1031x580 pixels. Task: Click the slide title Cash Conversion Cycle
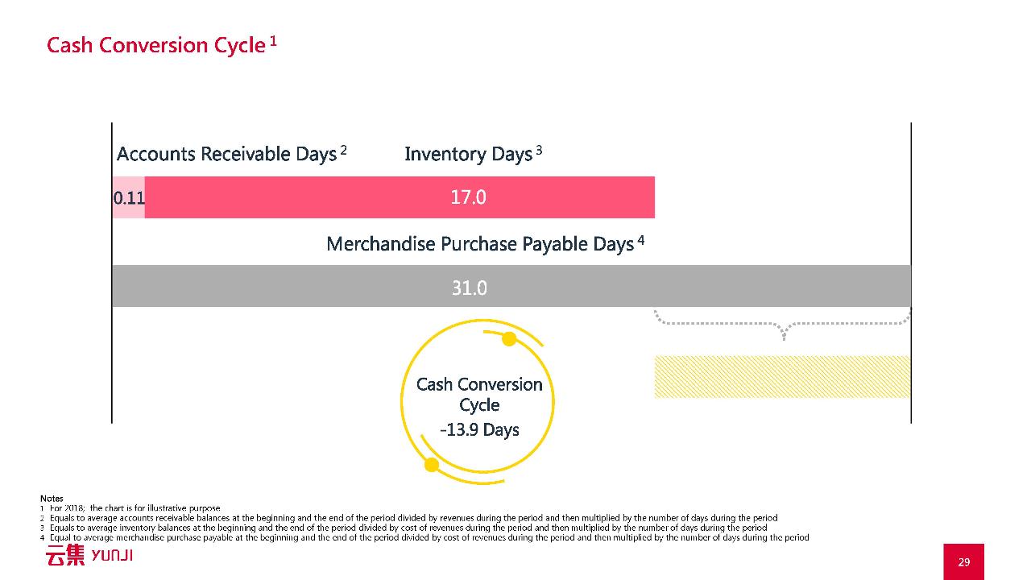point(156,45)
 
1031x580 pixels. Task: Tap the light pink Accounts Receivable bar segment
point(129,197)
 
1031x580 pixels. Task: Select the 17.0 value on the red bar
point(468,197)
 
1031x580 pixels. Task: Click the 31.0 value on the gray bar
point(469,288)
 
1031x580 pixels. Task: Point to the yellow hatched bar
point(782,376)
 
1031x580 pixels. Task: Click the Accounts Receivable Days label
point(227,154)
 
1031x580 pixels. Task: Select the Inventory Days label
point(469,154)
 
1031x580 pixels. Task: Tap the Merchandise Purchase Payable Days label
point(480,244)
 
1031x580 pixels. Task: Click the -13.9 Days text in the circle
point(479,430)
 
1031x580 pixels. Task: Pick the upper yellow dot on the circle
point(509,339)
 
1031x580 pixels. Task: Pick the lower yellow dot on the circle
point(432,465)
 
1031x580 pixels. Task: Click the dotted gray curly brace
point(782,324)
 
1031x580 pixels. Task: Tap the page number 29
point(964,562)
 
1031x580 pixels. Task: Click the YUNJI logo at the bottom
point(89,555)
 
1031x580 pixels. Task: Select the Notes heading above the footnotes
point(52,498)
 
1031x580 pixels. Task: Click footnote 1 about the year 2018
point(130,508)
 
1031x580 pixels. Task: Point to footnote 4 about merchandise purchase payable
point(424,537)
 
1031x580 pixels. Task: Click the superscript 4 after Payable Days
point(640,240)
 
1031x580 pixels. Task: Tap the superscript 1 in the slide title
point(273,41)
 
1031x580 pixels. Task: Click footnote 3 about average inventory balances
point(404,528)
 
